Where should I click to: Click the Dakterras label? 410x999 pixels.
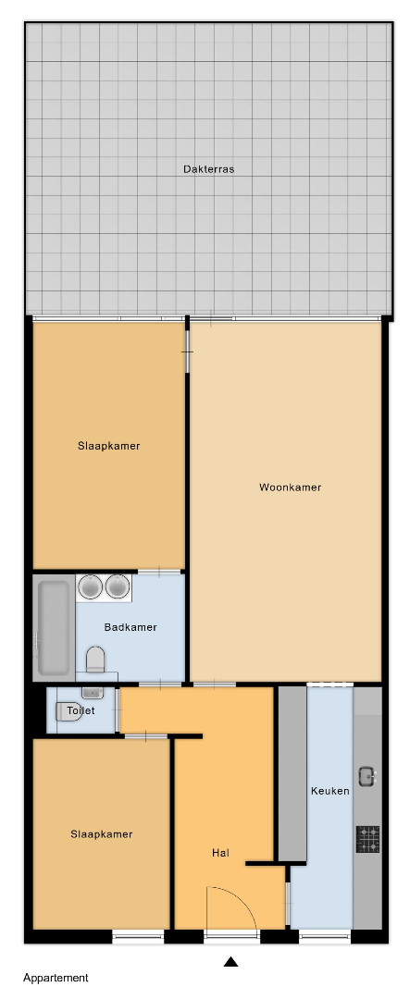(208, 169)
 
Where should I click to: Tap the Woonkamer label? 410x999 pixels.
(290, 487)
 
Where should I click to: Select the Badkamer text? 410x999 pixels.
(130, 627)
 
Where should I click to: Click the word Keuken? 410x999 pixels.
(329, 791)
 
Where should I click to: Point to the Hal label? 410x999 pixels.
(220, 853)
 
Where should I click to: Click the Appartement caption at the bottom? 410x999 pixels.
(56, 978)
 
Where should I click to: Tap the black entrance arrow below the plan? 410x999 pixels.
(230, 961)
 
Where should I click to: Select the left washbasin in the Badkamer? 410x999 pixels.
(91, 586)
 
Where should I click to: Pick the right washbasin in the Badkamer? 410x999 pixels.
(118, 586)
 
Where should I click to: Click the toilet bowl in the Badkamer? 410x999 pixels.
(95, 659)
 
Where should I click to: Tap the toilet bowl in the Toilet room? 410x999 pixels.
(68, 711)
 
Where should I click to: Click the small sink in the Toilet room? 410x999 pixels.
(93, 693)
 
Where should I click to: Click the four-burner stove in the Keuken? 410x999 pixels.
(368, 838)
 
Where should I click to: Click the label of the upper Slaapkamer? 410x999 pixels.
(109, 446)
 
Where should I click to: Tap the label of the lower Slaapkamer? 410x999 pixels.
(102, 834)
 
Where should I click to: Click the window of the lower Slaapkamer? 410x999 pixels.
(139, 935)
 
